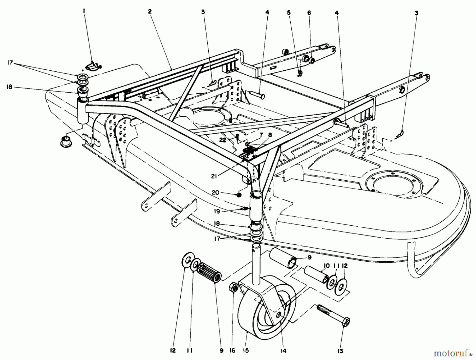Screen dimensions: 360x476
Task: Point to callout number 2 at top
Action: point(150,11)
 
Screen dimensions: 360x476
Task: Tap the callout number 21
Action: point(214,176)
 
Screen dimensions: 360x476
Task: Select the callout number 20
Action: point(216,193)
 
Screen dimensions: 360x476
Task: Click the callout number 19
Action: point(217,211)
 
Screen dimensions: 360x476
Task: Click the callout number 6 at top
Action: point(309,13)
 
